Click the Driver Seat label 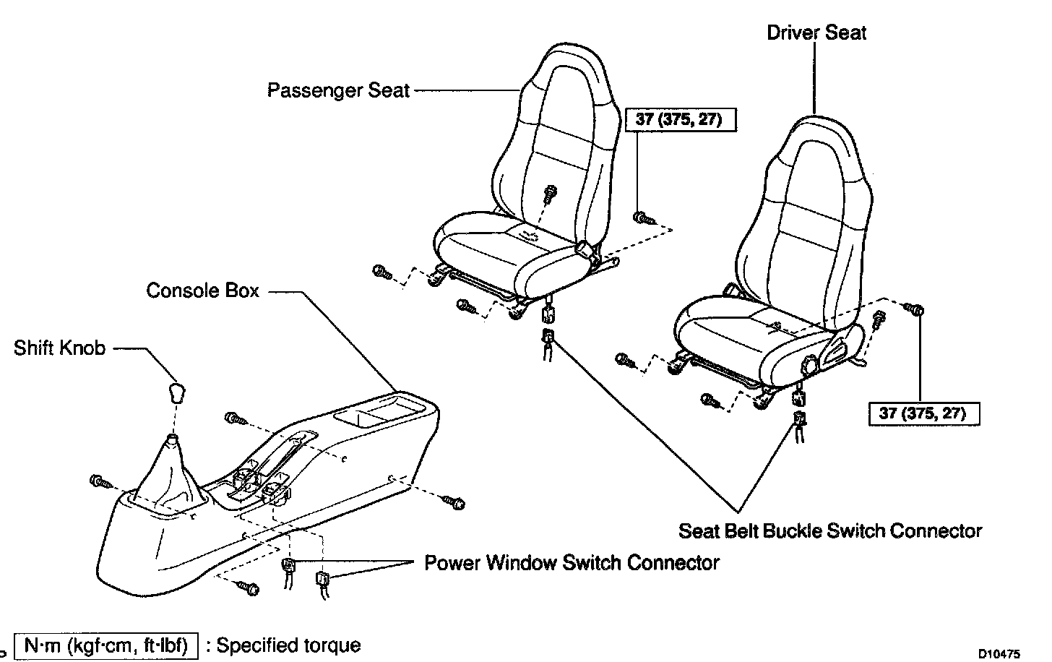coord(816,33)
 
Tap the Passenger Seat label coord(338,91)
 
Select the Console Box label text coord(202,291)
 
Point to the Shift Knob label coord(60,348)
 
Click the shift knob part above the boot coord(176,393)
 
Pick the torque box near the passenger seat coord(678,119)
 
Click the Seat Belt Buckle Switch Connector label coord(830,531)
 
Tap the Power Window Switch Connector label coord(572,562)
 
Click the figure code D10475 coord(999,654)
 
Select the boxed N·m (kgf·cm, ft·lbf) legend coord(106,645)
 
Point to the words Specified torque coord(288,645)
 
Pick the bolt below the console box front coord(249,589)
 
